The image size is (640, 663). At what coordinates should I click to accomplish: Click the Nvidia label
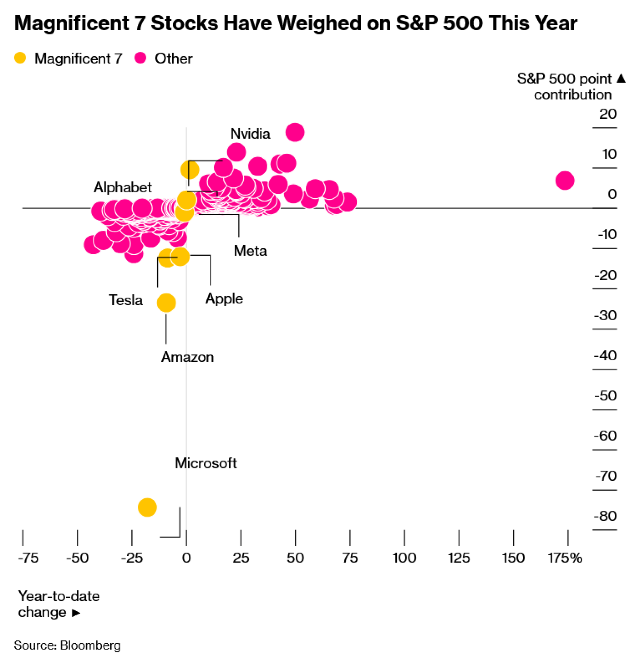click(250, 134)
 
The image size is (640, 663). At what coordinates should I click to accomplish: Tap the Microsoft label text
click(206, 463)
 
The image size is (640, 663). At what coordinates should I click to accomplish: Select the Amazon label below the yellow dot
click(187, 357)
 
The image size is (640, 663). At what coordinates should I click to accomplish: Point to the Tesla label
click(126, 300)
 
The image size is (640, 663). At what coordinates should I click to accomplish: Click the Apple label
click(224, 299)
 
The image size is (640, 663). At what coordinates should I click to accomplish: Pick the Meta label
click(250, 251)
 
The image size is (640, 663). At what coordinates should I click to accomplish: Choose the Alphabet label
click(123, 187)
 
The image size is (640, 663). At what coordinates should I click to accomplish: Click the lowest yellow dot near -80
click(147, 508)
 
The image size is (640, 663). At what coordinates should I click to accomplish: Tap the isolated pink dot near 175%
click(564, 181)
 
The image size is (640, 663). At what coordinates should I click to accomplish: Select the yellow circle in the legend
click(20, 58)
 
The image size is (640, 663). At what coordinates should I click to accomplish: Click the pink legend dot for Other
click(140, 58)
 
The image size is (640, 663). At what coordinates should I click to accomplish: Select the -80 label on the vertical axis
click(605, 516)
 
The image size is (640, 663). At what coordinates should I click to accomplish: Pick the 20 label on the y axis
click(608, 114)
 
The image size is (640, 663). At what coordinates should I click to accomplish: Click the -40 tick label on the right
click(605, 355)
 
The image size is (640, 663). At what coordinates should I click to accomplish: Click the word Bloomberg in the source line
click(90, 645)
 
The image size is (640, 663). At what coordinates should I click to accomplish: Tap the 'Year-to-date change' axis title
click(59, 604)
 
